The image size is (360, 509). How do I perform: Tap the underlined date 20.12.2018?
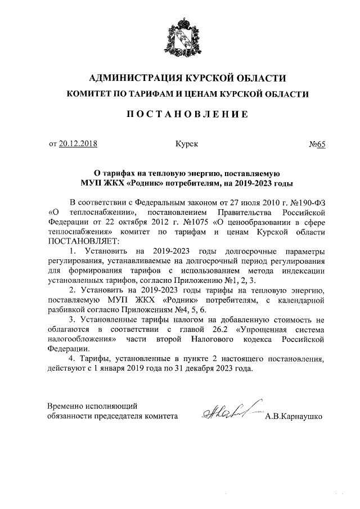[78, 144]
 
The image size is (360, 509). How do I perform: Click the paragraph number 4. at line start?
[72, 359]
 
